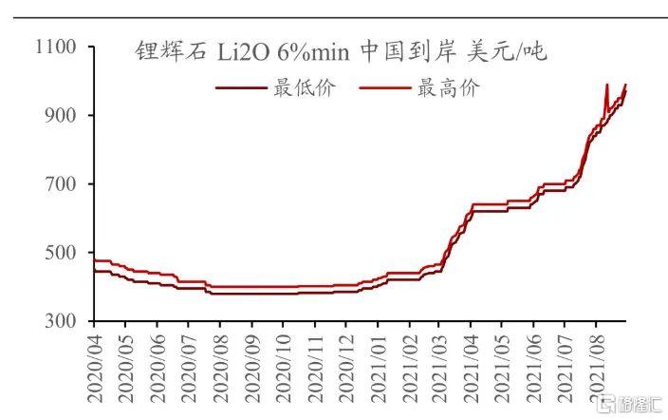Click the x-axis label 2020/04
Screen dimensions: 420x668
95,366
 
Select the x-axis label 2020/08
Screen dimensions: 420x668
220,366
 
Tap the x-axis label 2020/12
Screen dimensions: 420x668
345,366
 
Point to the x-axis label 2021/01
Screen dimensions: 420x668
377,366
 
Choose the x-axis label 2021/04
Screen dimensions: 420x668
471,366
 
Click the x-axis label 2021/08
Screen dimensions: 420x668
596,366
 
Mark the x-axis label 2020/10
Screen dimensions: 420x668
283,366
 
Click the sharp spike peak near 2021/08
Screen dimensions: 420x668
607,85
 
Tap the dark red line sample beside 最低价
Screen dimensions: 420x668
241,88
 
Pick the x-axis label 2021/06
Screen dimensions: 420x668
533,366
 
